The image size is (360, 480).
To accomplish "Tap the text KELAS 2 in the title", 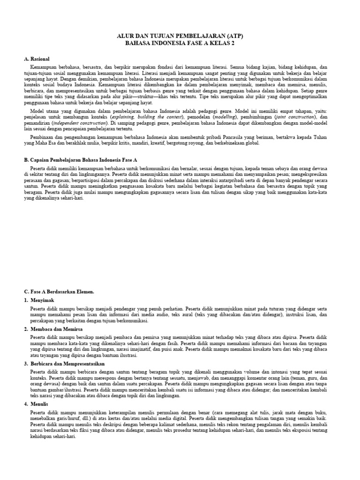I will tap(222, 43).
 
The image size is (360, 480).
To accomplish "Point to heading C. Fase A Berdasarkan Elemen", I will tap(59, 292).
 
